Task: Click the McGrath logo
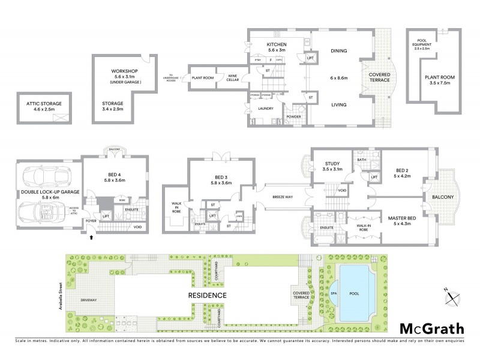click(431, 328)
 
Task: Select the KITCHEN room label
click(277, 45)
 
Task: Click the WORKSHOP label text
click(125, 71)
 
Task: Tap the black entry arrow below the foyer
click(91, 238)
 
